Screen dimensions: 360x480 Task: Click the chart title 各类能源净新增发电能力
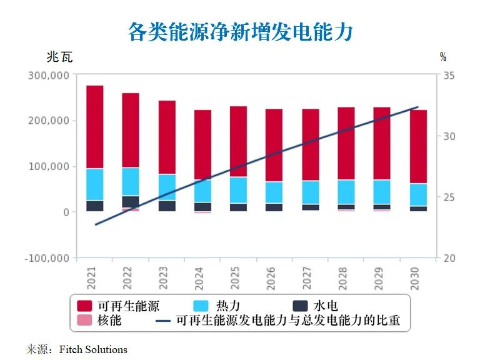click(x=241, y=31)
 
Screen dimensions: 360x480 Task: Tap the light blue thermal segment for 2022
click(x=131, y=181)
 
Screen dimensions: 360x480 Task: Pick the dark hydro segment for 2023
click(x=167, y=206)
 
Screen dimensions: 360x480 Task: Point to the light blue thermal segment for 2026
click(x=274, y=192)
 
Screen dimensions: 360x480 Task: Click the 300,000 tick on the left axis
click(x=49, y=76)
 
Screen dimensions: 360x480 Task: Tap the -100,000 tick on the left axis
click(x=47, y=258)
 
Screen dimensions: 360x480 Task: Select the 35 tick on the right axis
click(x=449, y=76)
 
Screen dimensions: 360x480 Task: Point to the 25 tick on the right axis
click(x=449, y=197)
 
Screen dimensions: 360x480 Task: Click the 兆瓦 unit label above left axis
click(x=59, y=57)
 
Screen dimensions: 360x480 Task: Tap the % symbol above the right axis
click(x=443, y=57)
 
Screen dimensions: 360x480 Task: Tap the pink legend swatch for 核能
click(x=86, y=321)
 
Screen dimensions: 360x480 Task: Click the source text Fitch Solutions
click(x=93, y=349)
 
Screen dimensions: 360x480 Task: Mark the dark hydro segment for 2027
click(x=311, y=207)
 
